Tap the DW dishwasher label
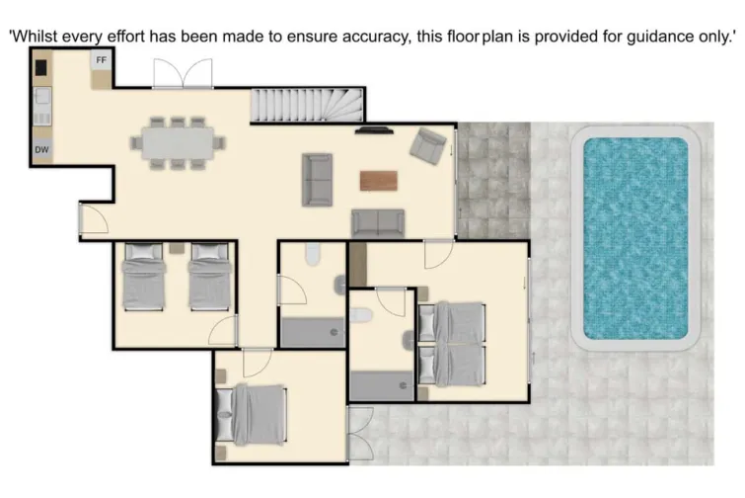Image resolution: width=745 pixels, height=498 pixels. click(x=41, y=150)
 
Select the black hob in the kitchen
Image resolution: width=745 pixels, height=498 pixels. click(x=41, y=67)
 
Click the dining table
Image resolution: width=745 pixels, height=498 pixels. click(x=178, y=142)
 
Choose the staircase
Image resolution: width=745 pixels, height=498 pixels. click(x=306, y=105)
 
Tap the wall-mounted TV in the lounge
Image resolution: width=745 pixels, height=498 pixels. click(x=374, y=128)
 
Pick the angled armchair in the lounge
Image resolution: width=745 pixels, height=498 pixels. click(x=429, y=145)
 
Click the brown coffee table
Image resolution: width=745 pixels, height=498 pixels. click(x=379, y=181)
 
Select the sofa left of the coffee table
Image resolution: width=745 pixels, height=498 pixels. click(x=318, y=179)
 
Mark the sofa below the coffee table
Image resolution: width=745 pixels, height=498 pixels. click(x=378, y=223)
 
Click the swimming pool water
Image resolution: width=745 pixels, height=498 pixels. click(x=635, y=237)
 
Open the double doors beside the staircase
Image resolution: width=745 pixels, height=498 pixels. click(x=182, y=74)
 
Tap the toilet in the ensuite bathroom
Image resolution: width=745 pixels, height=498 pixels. click(x=360, y=315)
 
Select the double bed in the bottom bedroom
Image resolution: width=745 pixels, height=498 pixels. click(x=253, y=414)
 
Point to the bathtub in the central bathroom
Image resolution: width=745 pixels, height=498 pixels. click(x=311, y=333)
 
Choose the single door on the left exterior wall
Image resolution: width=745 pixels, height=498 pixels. click(x=91, y=221)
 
